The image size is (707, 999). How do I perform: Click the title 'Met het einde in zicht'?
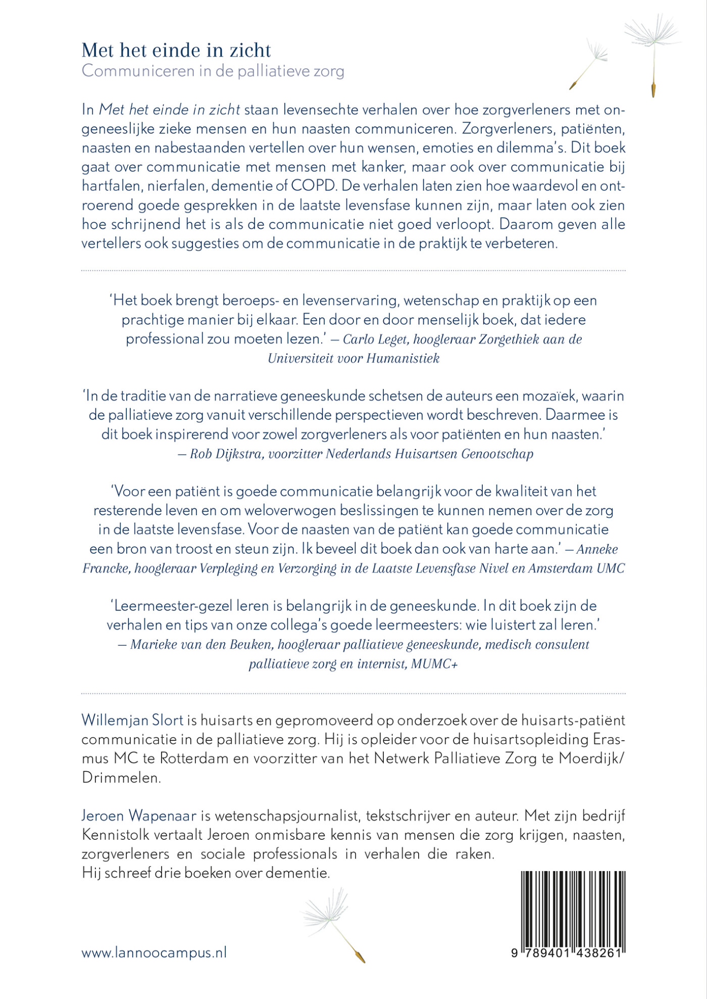click(176, 51)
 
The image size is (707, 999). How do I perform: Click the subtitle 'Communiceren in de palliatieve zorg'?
click(213, 71)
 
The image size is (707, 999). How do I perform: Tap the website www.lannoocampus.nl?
click(154, 953)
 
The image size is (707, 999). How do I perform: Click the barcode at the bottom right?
click(573, 907)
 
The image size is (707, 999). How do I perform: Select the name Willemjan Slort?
click(132, 720)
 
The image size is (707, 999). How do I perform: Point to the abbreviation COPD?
click(313, 186)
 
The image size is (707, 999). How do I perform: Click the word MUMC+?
click(434, 664)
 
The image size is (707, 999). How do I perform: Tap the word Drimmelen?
click(121, 778)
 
